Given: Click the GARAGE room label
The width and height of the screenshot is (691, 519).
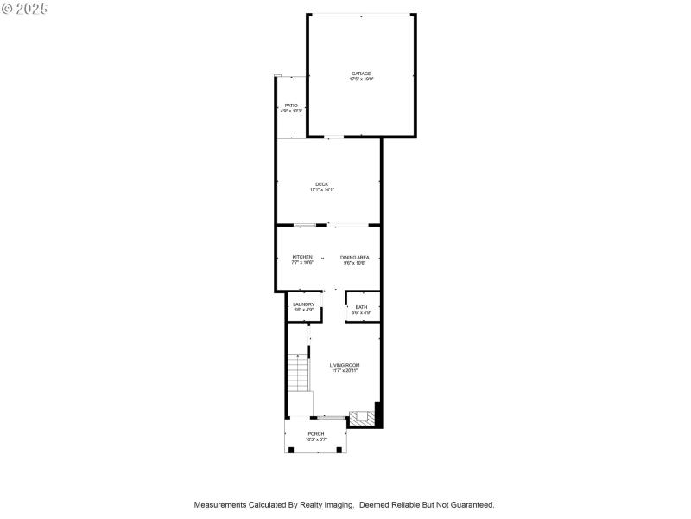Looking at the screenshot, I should (x=361, y=74).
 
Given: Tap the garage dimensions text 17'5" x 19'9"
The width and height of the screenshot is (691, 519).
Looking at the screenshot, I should (x=361, y=79).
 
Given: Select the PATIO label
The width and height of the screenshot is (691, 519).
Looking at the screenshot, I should (x=291, y=106).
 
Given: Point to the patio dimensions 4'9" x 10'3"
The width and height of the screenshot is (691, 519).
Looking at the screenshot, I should (x=291, y=111).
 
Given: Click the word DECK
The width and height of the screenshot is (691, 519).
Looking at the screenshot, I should (x=321, y=184).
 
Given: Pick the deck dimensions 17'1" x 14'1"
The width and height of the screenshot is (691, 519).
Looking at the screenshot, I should (x=321, y=189).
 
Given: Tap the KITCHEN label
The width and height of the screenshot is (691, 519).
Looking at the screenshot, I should (x=302, y=257).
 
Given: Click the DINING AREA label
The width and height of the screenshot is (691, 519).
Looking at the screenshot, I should (x=355, y=257).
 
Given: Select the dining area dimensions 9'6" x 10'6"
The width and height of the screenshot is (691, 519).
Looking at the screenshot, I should (x=355, y=262).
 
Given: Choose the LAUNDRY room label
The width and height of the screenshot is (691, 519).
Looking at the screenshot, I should (x=303, y=304).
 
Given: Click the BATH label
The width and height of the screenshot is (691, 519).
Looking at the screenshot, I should (x=361, y=307).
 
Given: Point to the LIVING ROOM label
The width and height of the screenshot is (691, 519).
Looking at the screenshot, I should (x=345, y=365).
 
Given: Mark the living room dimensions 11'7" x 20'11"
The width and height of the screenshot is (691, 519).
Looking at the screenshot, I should (x=345, y=370).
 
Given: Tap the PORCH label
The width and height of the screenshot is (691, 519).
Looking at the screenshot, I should (x=316, y=434).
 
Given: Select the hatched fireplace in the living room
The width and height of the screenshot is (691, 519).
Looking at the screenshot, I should (x=362, y=419).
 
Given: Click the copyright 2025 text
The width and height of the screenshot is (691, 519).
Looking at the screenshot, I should (x=25, y=8).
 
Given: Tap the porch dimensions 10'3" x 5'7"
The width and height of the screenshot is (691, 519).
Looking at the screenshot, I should (x=316, y=439).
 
